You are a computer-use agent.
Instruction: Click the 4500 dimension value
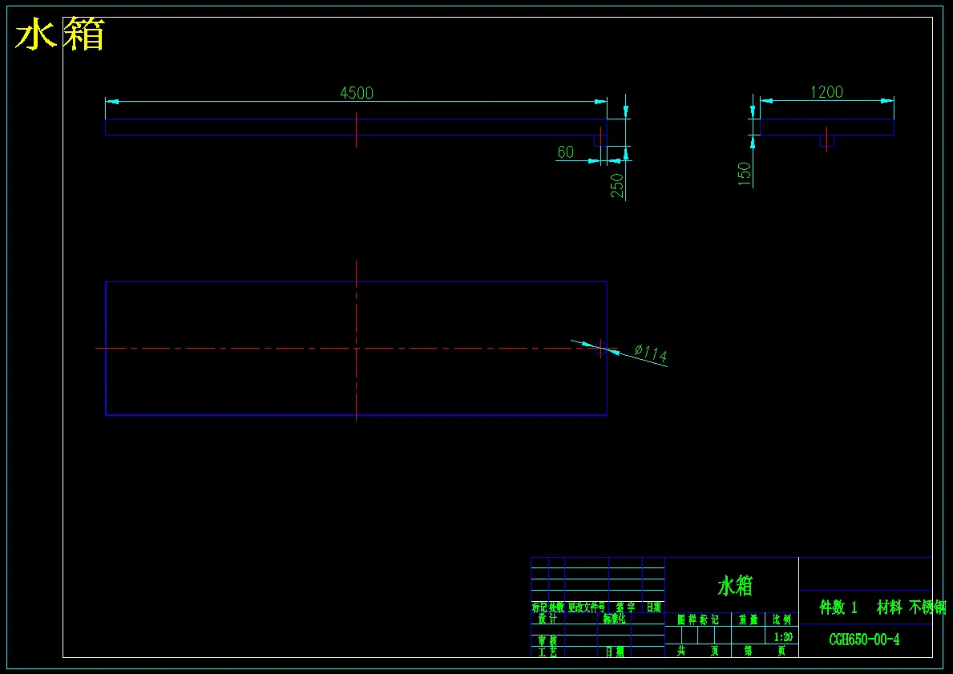tap(357, 93)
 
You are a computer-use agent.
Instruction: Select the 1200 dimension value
tap(826, 92)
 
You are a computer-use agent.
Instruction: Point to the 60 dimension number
tap(566, 152)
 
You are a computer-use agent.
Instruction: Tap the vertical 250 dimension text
tap(617, 186)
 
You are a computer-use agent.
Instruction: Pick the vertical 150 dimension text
tap(745, 174)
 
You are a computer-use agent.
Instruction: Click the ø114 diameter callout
tap(650, 353)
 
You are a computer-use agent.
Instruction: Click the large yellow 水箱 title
tap(60, 36)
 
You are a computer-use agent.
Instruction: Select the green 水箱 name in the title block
tap(735, 586)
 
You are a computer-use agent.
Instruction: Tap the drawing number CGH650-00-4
tap(864, 640)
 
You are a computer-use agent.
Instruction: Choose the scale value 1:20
tap(783, 637)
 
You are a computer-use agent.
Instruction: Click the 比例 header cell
tap(781, 620)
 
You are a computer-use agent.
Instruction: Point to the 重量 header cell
tap(748, 620)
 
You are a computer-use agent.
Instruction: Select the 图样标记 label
tap(698, 620)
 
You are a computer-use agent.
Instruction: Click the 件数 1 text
tap(838, 607)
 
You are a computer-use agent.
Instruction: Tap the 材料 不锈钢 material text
tap(911, 607)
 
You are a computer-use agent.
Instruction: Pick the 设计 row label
tap(547, 619)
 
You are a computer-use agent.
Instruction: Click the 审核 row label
tap(547, 641)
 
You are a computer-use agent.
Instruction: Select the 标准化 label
tap(616, 619)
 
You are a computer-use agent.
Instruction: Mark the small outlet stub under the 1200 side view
tap(826, 140)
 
